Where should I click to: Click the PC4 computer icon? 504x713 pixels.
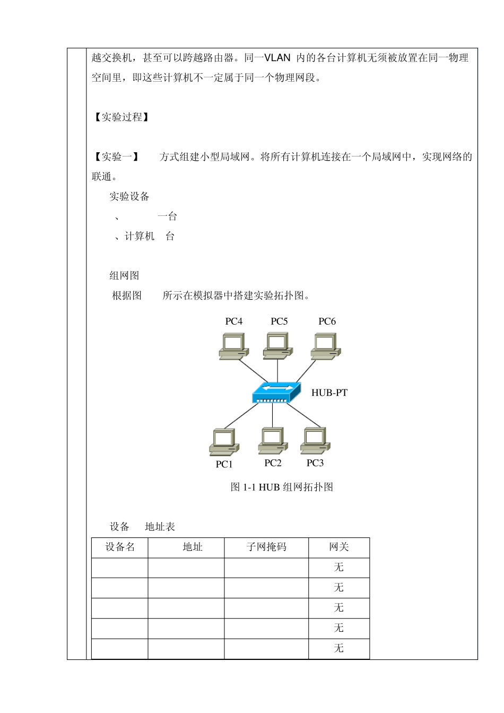coord(233,346)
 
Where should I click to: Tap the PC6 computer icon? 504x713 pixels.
coord(326,346)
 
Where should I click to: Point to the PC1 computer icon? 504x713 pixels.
coord(224,442)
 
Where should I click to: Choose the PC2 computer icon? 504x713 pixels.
coord(273,440)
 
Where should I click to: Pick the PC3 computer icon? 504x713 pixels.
coord(315,440)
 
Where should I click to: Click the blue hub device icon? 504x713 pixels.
coord(276,393)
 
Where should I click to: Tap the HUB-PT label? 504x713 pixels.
coord(329,393)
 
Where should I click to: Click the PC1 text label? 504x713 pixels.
coord(224,464)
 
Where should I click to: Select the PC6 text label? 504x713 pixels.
coord(327,321)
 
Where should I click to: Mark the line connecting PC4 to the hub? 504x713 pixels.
coord(252,370)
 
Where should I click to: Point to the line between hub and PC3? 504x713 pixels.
coord(305,415)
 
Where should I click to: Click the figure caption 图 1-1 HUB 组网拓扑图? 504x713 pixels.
coord(282,487)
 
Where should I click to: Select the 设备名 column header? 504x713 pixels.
coord(120,547)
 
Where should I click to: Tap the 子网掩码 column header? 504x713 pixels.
coord(266,547)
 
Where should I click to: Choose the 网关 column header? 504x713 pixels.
coord(339,547)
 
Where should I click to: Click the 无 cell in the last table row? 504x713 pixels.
coord(339,648)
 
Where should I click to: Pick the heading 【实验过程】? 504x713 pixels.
coord(121,117)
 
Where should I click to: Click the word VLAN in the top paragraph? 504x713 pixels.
coord(277,58)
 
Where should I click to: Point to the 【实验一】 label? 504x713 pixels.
coord(116,157)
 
